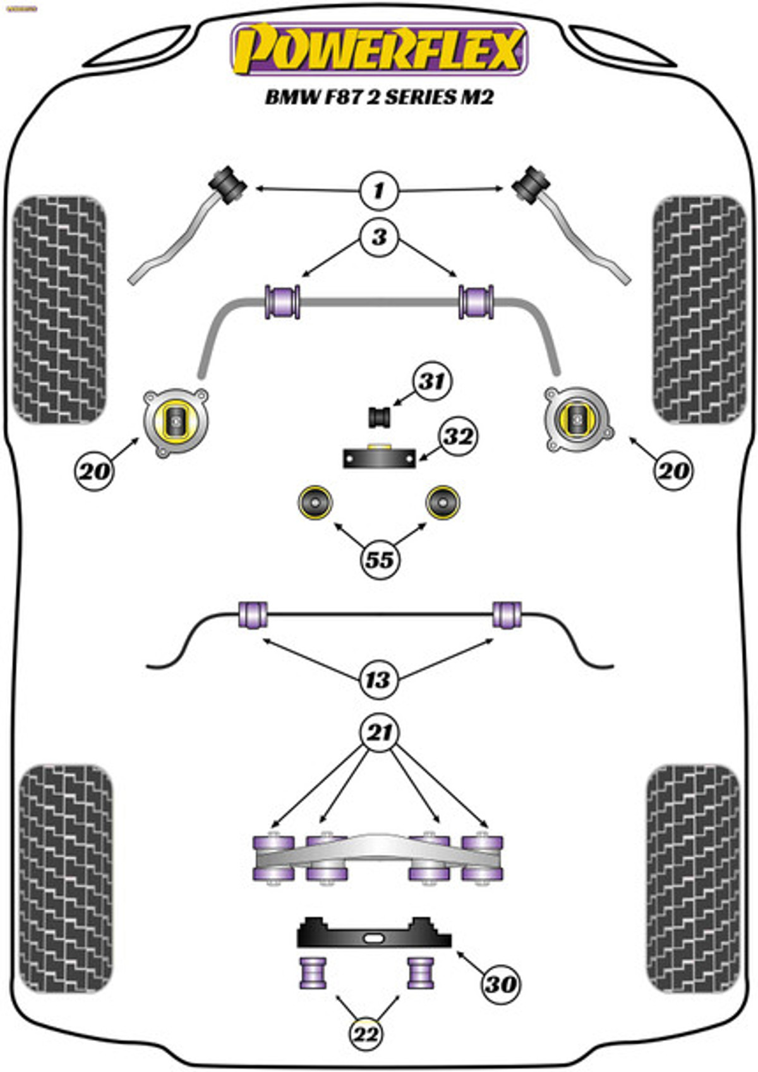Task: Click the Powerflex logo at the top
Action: [x=379, y=49]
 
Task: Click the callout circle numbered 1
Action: [x=379, y=190]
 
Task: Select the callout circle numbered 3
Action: [x=379, y=238]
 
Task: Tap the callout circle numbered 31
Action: [x=433, y=382]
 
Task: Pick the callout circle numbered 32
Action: [x=459, y=437]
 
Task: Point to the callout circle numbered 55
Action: [x=379, y=560]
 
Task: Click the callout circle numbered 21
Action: [x=379, y=733]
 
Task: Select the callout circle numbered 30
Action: [x=500, y=984]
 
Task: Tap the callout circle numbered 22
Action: [x=367, y=1034]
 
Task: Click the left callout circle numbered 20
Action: [x=94, y=471]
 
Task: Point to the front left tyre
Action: [x=60, y=310]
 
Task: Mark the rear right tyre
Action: [x=692, y=878]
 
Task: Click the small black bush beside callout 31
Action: [x=380, y=416]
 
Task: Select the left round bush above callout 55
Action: [x=315, y=502]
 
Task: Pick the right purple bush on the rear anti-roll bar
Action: [x=507, y=615]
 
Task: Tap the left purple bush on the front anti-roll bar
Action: [x=282, y=301]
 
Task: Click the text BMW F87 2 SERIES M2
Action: [x=379, y=97]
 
